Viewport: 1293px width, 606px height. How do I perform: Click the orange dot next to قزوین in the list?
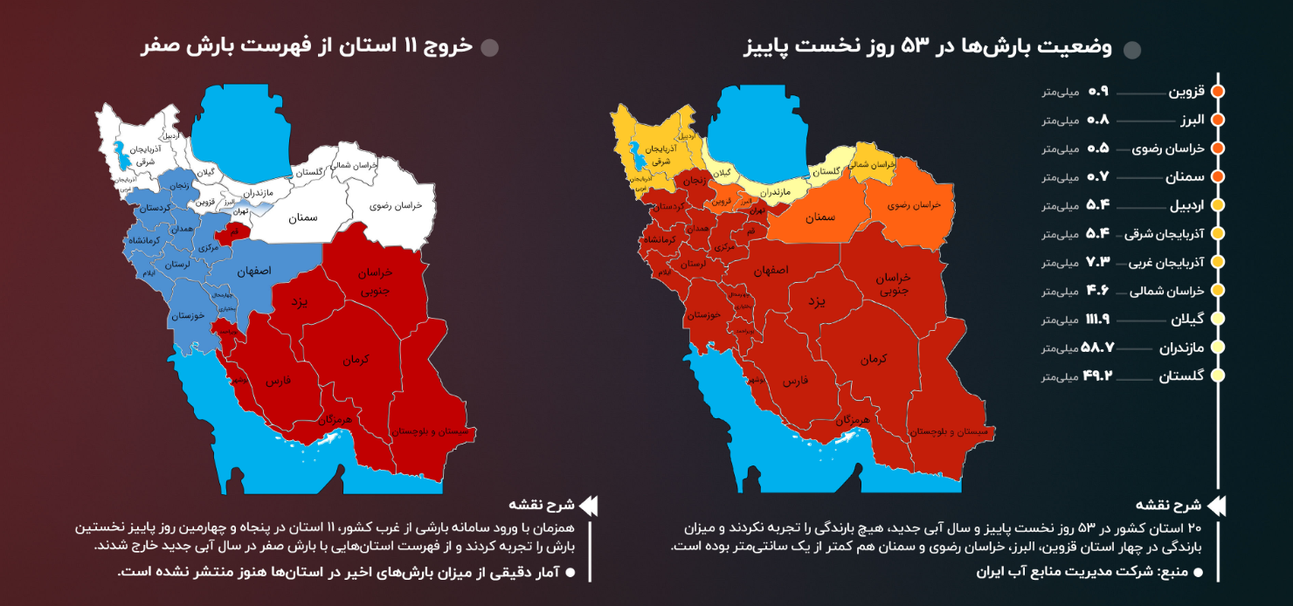(x=1218, y=91)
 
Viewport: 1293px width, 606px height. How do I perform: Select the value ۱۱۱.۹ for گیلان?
(x=1096, y=320)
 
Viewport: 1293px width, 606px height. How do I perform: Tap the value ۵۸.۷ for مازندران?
(x=1098, y=348)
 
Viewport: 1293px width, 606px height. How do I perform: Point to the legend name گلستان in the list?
(x=1182, y=376)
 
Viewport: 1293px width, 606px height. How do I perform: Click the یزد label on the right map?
(x=816, y=301)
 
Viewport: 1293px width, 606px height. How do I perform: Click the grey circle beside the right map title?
(x=1132, y=50)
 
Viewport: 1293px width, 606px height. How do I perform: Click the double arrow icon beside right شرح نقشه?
(x=1215, y=506)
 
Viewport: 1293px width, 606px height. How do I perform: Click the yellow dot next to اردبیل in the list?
(x=1218, y=205)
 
